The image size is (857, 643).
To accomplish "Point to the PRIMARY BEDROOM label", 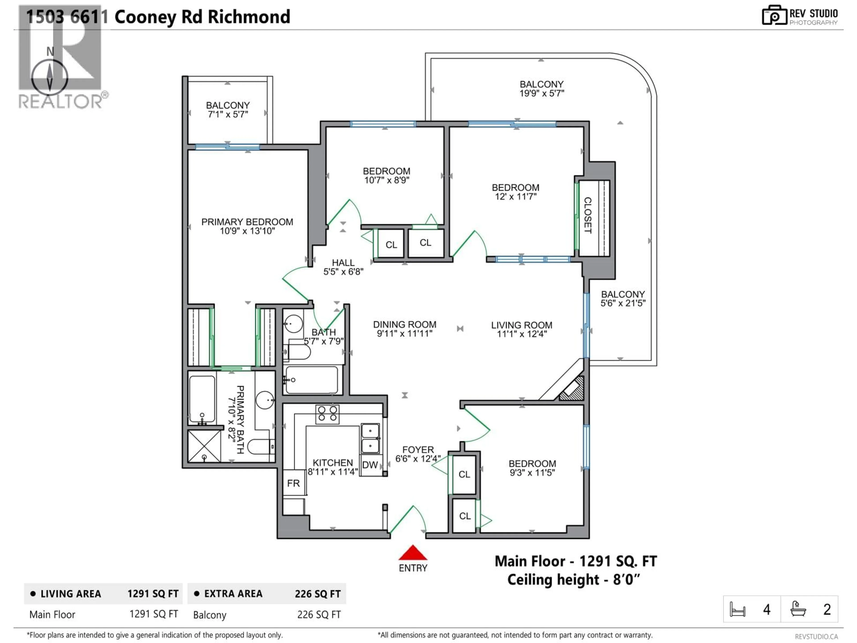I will click(x=247, y=222).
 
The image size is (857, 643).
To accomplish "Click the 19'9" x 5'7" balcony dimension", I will click(x=542, y=93).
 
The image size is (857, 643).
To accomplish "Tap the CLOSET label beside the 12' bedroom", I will click(x=588, y=215).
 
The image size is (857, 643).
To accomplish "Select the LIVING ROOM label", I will click(x=522, y=325).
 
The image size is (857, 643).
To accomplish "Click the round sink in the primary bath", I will click(x=265, y=400).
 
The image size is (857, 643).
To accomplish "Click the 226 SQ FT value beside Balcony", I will click(x=319, y=615).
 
